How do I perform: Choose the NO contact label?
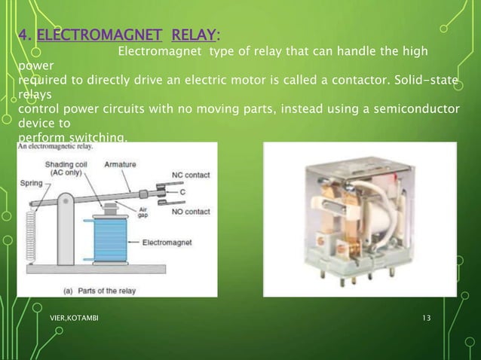click(x=187, y=212)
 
